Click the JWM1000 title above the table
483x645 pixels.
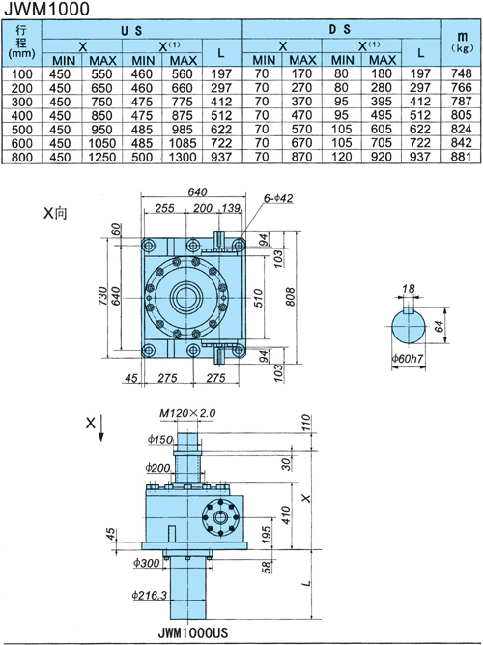[46, 9]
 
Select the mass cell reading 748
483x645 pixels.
[461, 73]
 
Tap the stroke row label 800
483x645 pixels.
[22, 157]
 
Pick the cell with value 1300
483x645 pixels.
[183, 157]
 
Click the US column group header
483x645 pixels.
[131, 31]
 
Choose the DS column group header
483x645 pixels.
[340, 29]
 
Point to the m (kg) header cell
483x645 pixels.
[462, 43]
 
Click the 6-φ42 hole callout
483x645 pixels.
[278, 198]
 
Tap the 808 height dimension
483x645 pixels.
[290, 297]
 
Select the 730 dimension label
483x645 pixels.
[102, 296]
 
